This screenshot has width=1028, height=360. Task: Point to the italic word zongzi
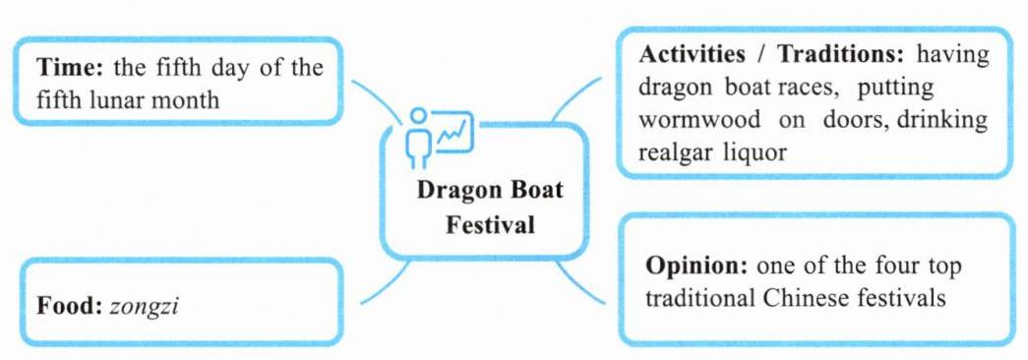click(145, 307)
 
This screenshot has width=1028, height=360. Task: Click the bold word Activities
click(692, 54)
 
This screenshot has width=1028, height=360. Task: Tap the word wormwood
click(699, 120)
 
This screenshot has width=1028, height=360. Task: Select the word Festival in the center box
click(491, 226)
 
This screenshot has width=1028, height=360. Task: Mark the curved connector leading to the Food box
click(387, 284)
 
